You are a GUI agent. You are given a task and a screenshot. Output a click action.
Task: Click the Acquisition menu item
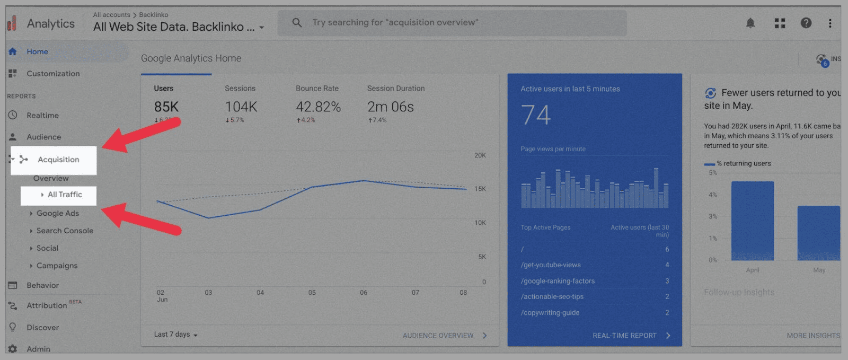58,160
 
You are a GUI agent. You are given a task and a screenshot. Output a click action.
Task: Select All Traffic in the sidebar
65,195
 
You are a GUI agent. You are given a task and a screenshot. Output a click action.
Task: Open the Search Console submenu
65,231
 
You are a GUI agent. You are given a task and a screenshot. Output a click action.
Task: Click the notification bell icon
750,23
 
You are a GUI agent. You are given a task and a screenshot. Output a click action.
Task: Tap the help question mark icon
806,23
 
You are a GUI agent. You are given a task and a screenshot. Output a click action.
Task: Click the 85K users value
166,107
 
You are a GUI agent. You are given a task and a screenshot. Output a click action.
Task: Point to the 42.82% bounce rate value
318,107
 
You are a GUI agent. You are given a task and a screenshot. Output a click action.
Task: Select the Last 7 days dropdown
175,335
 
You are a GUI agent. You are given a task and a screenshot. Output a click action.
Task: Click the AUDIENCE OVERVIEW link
438,336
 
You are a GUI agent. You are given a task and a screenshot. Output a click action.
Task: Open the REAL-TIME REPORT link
625,336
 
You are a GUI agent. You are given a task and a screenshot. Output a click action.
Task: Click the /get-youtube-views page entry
551,265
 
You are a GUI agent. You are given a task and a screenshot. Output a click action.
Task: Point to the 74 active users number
536,115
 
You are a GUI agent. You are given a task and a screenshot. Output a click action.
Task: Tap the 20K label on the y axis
480,155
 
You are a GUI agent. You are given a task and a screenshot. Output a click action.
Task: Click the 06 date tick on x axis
364,293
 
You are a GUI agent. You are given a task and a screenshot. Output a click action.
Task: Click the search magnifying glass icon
297,23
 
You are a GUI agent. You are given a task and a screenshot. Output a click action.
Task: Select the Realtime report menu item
42,116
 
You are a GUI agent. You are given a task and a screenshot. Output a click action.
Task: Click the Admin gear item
38,349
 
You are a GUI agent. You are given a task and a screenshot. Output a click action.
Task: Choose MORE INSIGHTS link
813,336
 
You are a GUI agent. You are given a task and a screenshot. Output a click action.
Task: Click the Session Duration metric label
396,89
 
